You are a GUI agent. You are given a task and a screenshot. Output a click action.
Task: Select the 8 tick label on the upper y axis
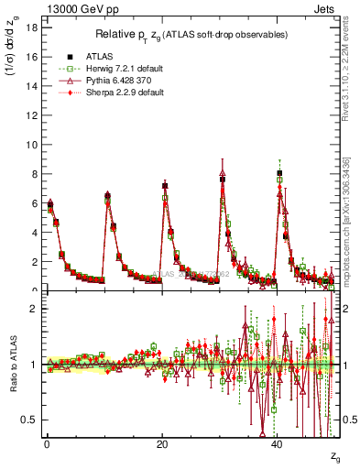point(32,174)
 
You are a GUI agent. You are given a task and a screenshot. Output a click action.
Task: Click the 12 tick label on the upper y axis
point(29,115)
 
